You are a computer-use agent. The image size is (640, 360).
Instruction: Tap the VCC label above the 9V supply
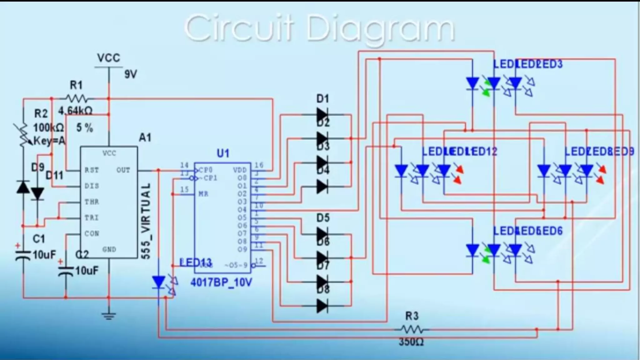point(108,58)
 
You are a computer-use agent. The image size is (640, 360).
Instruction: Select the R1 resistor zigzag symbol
point(76,99)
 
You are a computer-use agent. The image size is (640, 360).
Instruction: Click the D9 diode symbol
point(23,187)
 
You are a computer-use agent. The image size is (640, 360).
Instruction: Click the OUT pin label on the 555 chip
point(123,170)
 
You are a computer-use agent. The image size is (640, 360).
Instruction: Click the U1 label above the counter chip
point(223,153)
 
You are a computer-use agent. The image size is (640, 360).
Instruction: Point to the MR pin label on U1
point(203,194)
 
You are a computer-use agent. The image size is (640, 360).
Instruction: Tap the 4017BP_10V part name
point(221,282)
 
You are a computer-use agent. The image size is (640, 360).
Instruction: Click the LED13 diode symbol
point(159,282)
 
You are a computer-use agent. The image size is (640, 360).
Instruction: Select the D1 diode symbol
point(322,115)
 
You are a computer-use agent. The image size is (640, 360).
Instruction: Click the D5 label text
point(323,217)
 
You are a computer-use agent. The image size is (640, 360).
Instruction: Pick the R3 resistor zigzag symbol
point(412,329)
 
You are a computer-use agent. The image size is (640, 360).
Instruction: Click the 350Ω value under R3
point(411,342)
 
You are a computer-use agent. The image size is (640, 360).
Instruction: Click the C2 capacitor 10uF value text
point(87,270)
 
